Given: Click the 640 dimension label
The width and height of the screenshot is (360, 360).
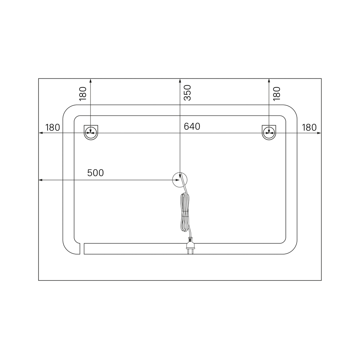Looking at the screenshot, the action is click(192, 126).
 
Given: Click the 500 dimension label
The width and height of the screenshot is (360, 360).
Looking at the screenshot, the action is click(95, 173).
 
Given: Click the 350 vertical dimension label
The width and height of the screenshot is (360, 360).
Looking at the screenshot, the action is click(188, 93).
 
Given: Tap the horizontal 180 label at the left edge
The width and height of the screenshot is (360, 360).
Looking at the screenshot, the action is click(53, 128).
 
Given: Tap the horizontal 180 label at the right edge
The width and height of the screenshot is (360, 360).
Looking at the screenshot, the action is click(309, 128).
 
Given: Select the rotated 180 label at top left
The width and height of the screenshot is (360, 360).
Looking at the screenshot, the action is click(83, 94).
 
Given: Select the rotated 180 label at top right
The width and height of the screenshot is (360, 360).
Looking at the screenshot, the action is click(276, 94).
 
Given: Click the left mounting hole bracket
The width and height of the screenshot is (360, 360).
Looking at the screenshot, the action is click(91, 132).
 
